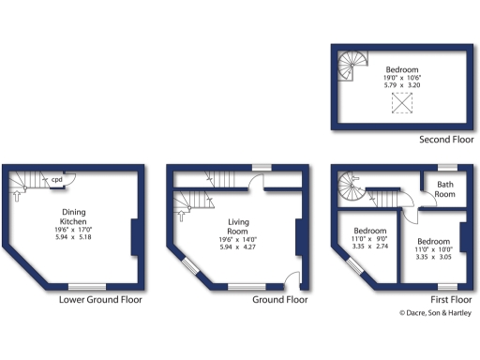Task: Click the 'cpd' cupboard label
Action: coord(56,179)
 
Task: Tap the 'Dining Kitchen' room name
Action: coord(74,217)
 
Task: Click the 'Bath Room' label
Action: coord(445,190)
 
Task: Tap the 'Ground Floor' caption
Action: coord(280,301)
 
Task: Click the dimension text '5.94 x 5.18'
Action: coord(74,239)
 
